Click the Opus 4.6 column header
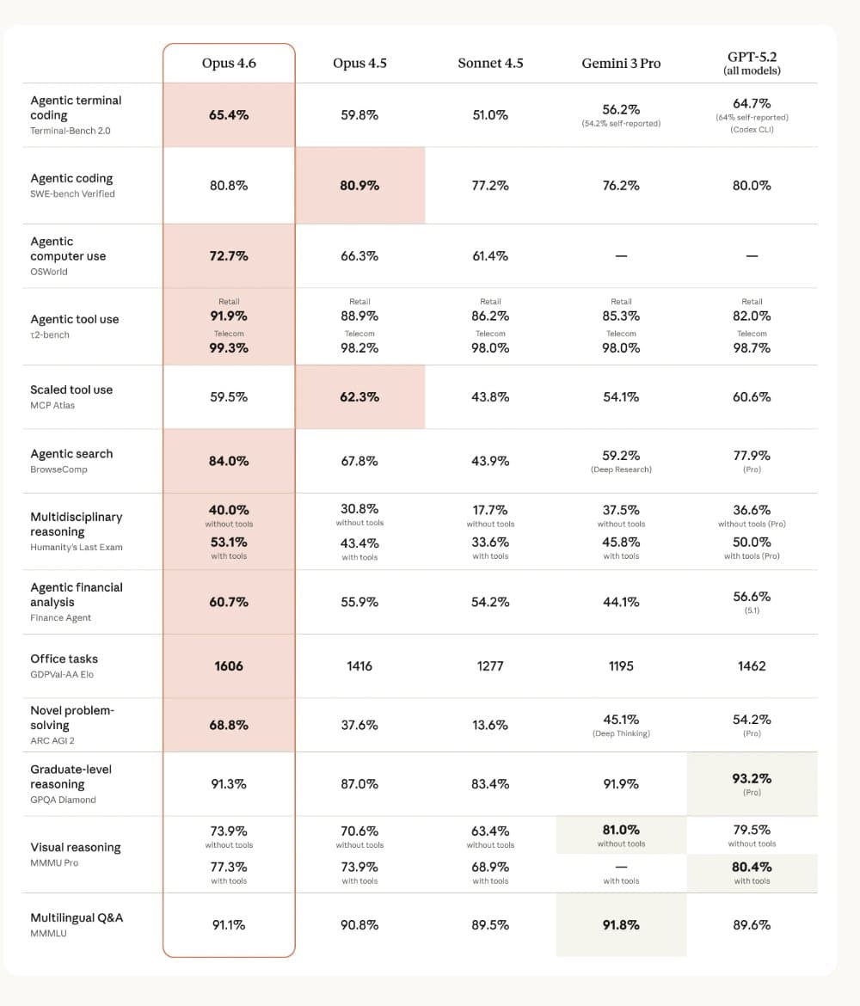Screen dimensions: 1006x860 pyautogui.click(x=229, y=63)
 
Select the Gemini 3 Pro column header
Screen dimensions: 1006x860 pyautogui.click(x=621, y=63)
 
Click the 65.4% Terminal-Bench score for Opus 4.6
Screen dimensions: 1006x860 pyautogui.click(x=229, y=114)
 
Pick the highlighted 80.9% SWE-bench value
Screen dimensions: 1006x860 pyautogui.click(x=359, y=186)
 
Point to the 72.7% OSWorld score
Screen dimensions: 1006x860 pyautogui.click(x=229, y=256)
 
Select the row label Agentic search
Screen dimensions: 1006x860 pyautogui.click(x=71, y=454)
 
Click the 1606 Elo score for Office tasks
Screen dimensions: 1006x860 pyautogui.click(x=229, y=666)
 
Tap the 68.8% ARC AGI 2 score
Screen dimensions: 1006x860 pyautogui.click(x=229, y=725)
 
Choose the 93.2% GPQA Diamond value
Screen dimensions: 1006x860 pyautogui.click(x=752, y=778)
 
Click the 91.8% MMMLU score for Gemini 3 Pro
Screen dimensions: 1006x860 pyautogui.click(x=621, y=925)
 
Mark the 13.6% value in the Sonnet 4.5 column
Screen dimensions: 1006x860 pyautogui.click(x=490, y=725)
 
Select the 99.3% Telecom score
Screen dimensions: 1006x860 pyautogui.click(x=229, y=348)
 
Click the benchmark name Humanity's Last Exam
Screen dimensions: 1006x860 pyautogui.click(x=77, y=547)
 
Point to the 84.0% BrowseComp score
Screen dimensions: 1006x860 pyautogui.click(x=229, y=461)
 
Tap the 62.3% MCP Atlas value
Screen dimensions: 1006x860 pyautogui.click(x=359, y=397)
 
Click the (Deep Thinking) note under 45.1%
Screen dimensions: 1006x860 pyautogui.click(x=621, y=733)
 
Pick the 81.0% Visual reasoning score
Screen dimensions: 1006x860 pyautogui.click(x=621, y=830)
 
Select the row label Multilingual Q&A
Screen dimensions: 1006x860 pyautogui.click(x=77, y=917)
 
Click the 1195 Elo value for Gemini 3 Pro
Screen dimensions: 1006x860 pyautogui.click(x=621, y=666)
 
